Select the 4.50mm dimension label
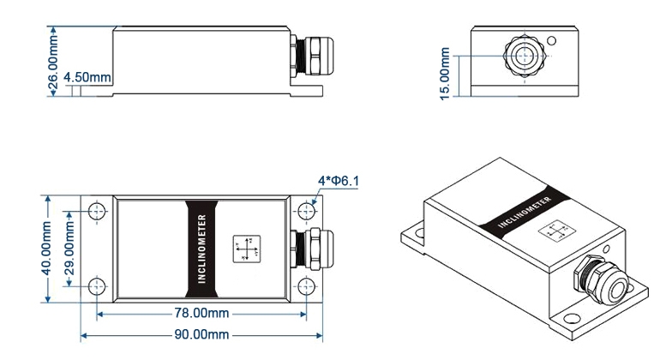88,77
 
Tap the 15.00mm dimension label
445,74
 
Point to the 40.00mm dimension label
46,248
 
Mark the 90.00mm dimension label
199,333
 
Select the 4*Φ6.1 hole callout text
339,180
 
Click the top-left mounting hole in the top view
97,210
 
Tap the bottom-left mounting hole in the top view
97,285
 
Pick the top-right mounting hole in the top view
306,210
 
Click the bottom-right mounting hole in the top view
306,285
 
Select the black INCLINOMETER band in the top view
203,248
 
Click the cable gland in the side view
307,55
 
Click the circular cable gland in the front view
521,55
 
